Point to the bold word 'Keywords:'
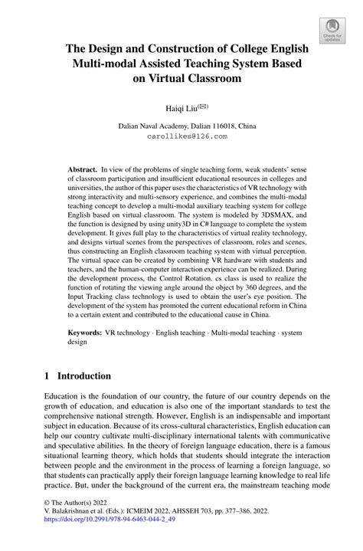click(x=85, y=334)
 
